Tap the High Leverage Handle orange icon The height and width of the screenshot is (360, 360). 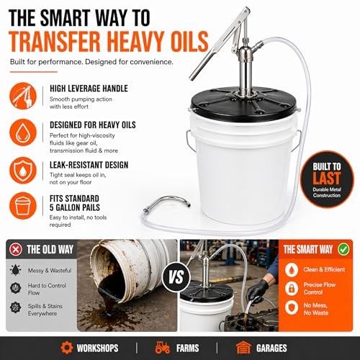[x=23, y=96]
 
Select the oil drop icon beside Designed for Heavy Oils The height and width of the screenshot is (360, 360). [x=23, y=132]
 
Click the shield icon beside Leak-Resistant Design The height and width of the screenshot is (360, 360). [x=23, y=171]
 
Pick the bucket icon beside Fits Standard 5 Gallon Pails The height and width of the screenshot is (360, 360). [x=23, y=206]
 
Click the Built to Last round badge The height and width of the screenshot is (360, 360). [x=327, y=179]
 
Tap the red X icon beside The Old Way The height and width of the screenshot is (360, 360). [x=16, y=250]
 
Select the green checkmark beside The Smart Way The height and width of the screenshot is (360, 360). [x=343, y=249]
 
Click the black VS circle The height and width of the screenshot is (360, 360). [x=176, y=277]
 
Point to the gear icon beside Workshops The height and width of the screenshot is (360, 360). [x=67, y=348]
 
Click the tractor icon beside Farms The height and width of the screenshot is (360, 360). [x=163, y=348]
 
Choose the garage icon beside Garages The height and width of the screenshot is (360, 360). [x=243, y=348]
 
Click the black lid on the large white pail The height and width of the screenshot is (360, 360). [x=244, y=104]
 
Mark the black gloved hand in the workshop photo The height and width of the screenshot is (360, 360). [x=257, y=291]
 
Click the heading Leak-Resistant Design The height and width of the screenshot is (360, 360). [x=89, y=165]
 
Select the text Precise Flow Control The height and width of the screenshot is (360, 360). [x=320, y=289]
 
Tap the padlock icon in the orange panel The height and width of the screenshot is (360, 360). [x=292, y=289]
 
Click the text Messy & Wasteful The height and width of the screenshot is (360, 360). [x=50, y=271]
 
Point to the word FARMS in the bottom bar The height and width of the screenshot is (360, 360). [x=187, y=348]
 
